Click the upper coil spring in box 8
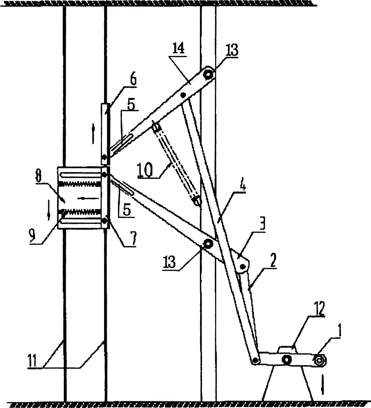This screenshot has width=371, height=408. (x=80, y=184)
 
